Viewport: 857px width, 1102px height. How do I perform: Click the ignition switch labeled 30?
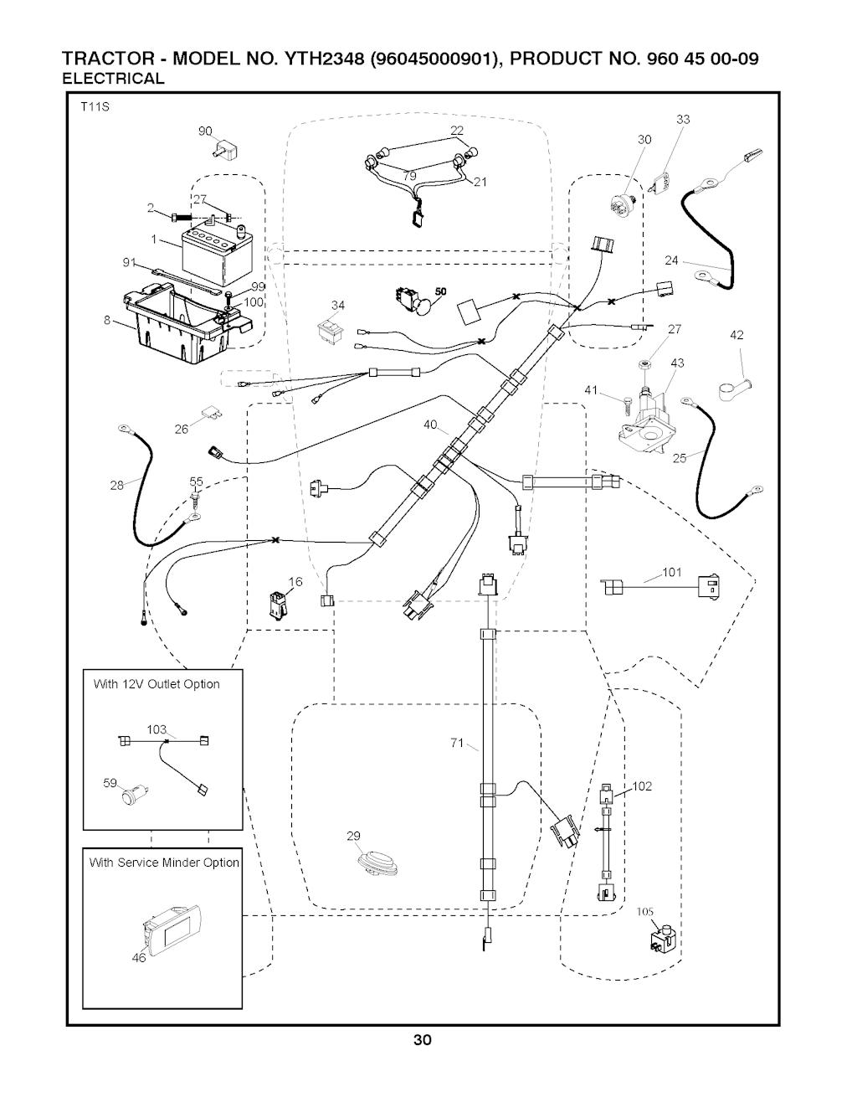click(x=622, y=200)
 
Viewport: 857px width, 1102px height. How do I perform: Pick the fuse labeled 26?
click(x=210, y=416)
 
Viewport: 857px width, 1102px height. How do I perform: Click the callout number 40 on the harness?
click(x=430, y=425)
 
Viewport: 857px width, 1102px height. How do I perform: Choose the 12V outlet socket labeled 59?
click(x=134, y=793)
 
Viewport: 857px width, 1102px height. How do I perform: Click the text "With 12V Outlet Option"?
click(x=157, y=684)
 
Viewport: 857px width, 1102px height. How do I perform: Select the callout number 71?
click(x=457, y=743)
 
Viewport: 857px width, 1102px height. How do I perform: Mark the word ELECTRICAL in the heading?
click(x=114, y=79)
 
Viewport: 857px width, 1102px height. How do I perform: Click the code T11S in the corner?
click(x=95, y=107)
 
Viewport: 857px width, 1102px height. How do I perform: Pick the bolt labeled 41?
click(x=622, y=403)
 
